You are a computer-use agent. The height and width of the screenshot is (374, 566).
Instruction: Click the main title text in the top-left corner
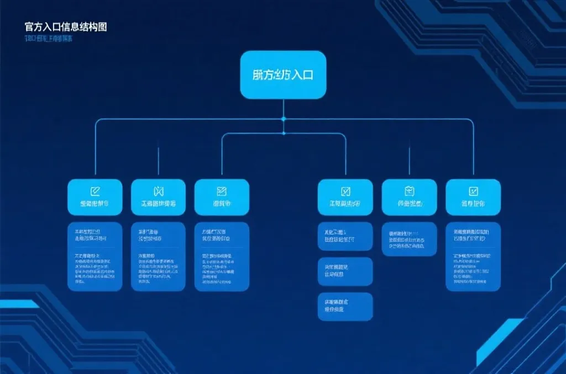(65, 26)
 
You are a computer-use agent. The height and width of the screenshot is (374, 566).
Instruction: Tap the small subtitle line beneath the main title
(49, 39)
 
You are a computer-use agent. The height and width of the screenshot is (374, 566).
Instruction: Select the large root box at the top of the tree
(283, 74)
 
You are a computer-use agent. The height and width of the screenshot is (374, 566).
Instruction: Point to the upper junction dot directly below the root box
(284, 119)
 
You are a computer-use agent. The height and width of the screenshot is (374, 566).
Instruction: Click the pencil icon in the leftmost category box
(95, 191)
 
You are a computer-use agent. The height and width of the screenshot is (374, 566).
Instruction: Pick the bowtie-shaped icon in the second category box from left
(159, 191)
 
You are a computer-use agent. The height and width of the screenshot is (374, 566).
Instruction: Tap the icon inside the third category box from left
(222, 191)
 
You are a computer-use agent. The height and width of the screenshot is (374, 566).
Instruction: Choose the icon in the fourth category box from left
(345, 191)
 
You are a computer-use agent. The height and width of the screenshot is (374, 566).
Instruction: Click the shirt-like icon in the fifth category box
(409, 191)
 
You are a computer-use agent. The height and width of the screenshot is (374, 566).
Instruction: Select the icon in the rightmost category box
(473, 191)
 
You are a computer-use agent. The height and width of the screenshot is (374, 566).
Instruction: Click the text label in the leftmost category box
(95, 204)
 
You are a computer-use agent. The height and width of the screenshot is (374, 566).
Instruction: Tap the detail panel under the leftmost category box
(95, 257)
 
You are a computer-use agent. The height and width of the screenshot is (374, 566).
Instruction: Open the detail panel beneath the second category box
(158, 257)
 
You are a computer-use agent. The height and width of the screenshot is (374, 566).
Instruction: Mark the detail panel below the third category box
(222, 257)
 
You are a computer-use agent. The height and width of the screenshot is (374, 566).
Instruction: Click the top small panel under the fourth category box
(345, 236)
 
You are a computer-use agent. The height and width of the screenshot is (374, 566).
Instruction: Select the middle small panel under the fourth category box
(345, 271)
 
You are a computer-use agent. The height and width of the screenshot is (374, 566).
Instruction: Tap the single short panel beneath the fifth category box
(409, 239)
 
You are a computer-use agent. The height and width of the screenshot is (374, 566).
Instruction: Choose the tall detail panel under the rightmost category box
(473, 257)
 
